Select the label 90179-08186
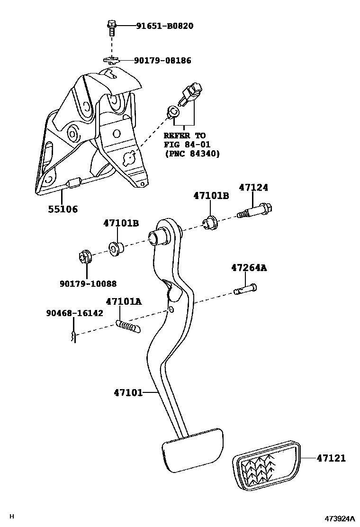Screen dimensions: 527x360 [x=162, y=61]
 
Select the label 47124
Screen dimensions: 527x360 [x=253, y=188]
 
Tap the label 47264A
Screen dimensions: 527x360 [x=249, y=268]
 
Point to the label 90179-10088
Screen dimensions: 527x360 [x=88, y=283]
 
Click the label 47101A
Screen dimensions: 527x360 [x=124, y=301]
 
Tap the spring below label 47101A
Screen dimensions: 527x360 [x=127, y=326]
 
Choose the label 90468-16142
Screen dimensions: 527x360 [x=74, y=313]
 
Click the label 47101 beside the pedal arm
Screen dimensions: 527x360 [x=128, y=392]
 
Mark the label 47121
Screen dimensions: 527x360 [x=331, y=458]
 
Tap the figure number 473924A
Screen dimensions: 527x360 [x=339, y=518]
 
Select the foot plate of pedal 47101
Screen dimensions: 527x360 [x=192, y=447]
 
